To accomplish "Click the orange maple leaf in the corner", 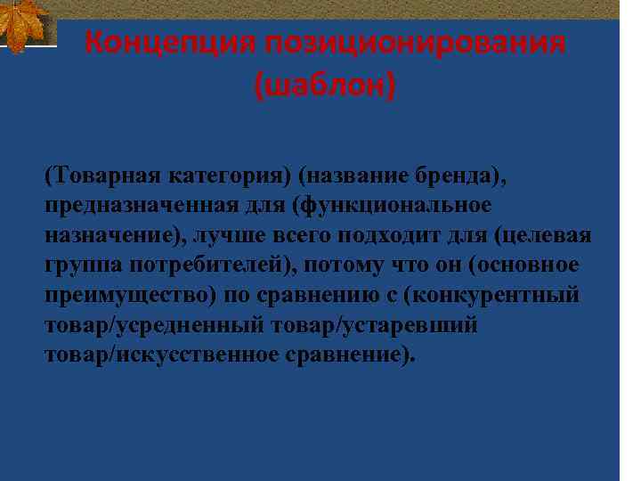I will point(24,24).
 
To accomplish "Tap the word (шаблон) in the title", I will point(324,86).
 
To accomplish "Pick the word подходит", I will point(408,237).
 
